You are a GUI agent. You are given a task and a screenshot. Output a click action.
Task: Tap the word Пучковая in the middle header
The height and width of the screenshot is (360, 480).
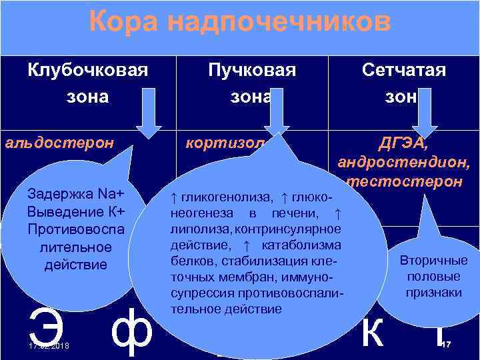[251, 69]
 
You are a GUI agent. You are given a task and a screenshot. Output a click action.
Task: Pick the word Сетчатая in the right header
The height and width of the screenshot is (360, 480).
[404, 69]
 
